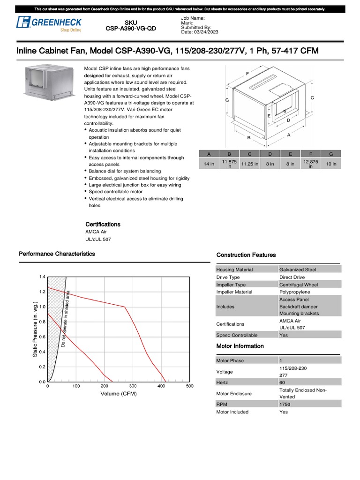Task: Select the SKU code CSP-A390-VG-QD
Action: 131,29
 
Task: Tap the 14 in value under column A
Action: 209,164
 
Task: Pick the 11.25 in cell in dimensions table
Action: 249,164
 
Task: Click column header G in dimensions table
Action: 331,154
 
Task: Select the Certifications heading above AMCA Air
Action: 103,224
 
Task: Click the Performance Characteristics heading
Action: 57,254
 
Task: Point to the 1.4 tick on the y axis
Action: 42,277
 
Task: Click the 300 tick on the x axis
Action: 133,386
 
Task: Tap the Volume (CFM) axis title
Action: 119,394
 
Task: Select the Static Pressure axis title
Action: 36,330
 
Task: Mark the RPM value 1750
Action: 285,404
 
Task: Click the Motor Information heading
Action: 240,346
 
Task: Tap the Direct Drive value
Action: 292,277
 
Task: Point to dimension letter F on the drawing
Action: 247,74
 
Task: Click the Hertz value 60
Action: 282,382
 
